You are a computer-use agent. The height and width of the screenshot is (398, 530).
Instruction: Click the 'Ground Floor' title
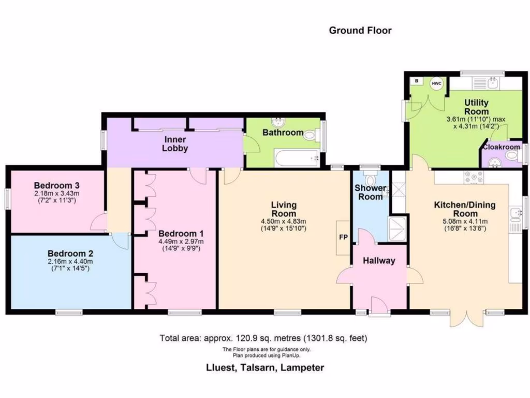coord(360,30)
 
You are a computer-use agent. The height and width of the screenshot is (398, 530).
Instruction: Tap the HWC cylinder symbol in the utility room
coord(437,83)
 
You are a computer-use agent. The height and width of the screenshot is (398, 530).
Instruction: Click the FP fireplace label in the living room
coord(343,237)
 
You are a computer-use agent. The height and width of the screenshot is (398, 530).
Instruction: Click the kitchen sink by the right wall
coord(515,213)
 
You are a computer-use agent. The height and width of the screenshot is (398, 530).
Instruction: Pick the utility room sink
coord(492,83)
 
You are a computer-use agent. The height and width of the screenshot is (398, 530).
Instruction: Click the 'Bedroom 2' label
coord(70,253)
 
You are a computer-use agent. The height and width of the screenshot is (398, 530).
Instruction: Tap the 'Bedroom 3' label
coord(57,185)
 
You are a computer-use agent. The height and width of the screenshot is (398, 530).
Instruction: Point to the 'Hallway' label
coord(378,261)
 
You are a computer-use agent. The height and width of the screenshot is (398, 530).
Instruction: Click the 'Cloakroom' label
coord(501,147)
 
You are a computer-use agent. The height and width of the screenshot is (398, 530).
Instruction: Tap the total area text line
coord(263,338)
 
